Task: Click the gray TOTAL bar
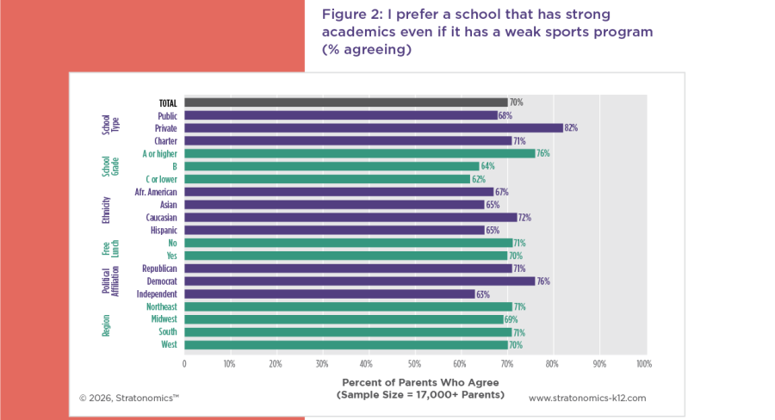coord(345,102)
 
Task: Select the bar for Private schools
coord(373,127)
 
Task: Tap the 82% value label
coord(571,127)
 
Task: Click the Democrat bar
coord(359,281)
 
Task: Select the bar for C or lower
coord(327,179)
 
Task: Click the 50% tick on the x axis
coord(413,363)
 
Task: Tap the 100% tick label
coord(642,363)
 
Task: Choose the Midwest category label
coord(163,319)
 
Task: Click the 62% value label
coord(480,179)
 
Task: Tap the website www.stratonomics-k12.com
coord(586,398)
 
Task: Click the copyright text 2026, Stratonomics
coord(129,398)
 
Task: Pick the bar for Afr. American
coord(338,192)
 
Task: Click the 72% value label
coord(524,218)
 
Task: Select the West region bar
coord(345,345)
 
